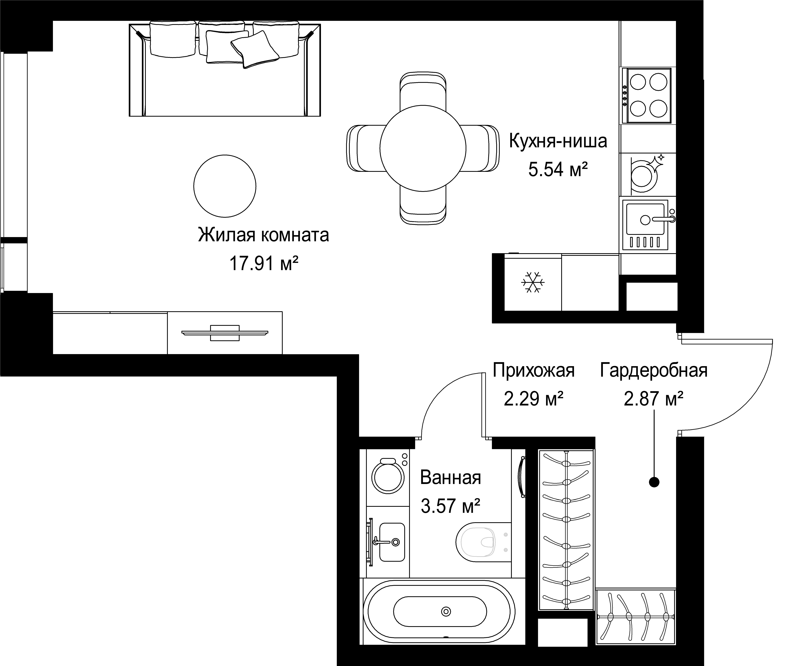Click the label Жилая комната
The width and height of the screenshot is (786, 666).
(x=263, y=235)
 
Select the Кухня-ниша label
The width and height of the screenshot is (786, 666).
(x=558, y=141)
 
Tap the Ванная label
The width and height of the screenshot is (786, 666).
(x=451, y=478)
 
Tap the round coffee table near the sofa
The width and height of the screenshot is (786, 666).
(x=225, y=186)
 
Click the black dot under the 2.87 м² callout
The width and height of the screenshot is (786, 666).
(x=654, y=482)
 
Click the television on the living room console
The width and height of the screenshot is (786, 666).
(x=225, y=333)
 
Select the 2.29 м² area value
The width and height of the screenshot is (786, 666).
(x=534, y=399)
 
